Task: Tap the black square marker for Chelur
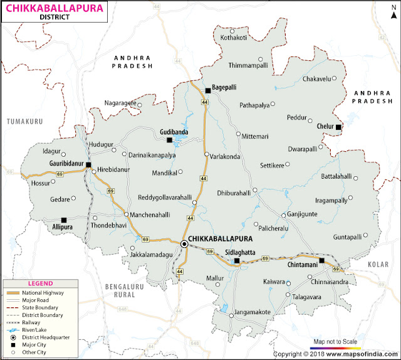(x=338, y=127)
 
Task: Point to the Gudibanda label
(x=173, y=124)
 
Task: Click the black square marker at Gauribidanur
(x=88, y=165)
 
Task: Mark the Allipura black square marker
(x=64, y=220)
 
